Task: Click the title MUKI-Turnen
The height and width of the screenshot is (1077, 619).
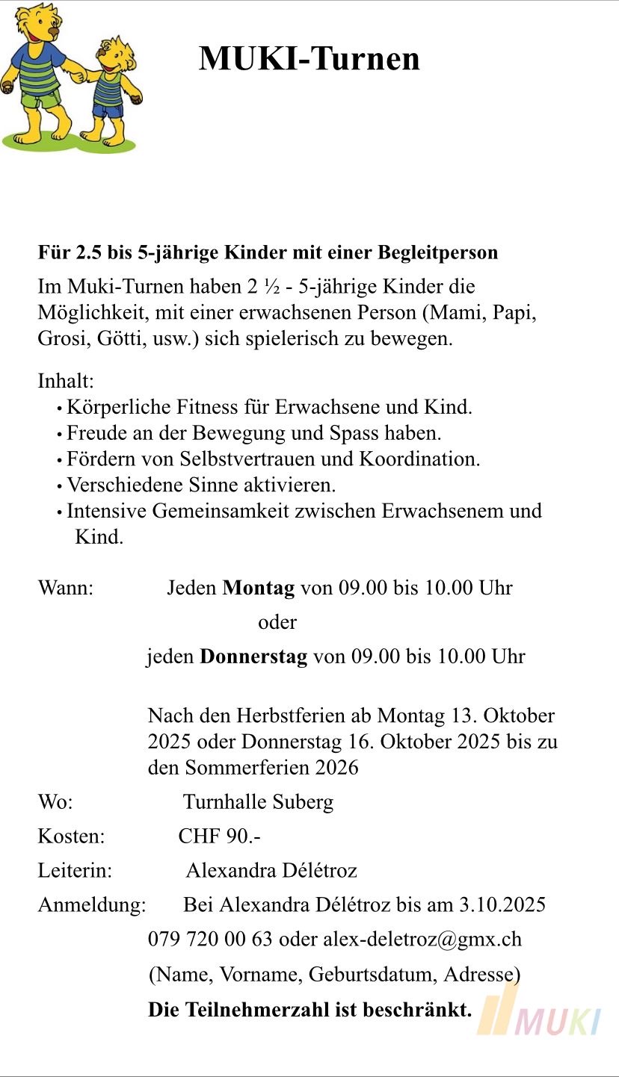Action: (309, 58)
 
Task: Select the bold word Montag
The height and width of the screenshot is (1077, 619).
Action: (259, 588)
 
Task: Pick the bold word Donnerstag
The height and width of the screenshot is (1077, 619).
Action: (253, 657)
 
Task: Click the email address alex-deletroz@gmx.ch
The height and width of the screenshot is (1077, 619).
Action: (422, 939)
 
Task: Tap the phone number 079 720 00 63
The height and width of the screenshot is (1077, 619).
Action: (210, 939)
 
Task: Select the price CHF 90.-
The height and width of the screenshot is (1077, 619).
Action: (219, 837)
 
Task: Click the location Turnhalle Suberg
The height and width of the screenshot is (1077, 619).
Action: (258, 802)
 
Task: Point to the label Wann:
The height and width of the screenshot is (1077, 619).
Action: (66, 588)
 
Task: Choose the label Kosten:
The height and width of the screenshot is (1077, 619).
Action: (71, 837)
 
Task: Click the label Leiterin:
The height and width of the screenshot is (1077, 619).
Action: (75, 871)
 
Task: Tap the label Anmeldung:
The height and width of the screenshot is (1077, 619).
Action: (92, 905)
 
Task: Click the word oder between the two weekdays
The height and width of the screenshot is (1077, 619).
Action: (277, 622)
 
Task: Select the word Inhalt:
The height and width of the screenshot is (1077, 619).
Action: (66, 382)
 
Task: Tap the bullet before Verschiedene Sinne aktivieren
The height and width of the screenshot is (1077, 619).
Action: (59, 486)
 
